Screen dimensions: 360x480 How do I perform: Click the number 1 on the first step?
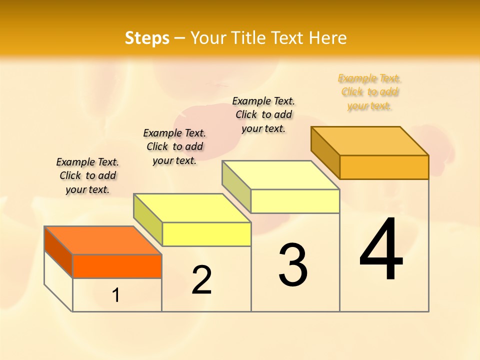pos(116,295)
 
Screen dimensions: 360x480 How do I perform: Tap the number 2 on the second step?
pos(201,279)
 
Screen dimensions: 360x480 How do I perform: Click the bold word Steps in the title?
pos(147,38)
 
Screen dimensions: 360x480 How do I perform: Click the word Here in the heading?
pos(327,38)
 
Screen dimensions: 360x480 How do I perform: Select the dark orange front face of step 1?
pos(117,266)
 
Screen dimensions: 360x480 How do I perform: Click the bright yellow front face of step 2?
pos(206,234)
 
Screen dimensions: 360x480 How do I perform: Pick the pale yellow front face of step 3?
pos(295,201)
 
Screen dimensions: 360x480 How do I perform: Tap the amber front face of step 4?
pos(384,167)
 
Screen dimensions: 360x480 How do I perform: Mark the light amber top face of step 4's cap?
pos(370,141)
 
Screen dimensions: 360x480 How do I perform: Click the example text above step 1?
pos(87,175)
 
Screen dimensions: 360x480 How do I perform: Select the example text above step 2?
pos(174,146)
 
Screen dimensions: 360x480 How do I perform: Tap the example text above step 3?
pos(263,114)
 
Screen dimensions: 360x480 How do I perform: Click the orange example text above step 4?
pos(369,92)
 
